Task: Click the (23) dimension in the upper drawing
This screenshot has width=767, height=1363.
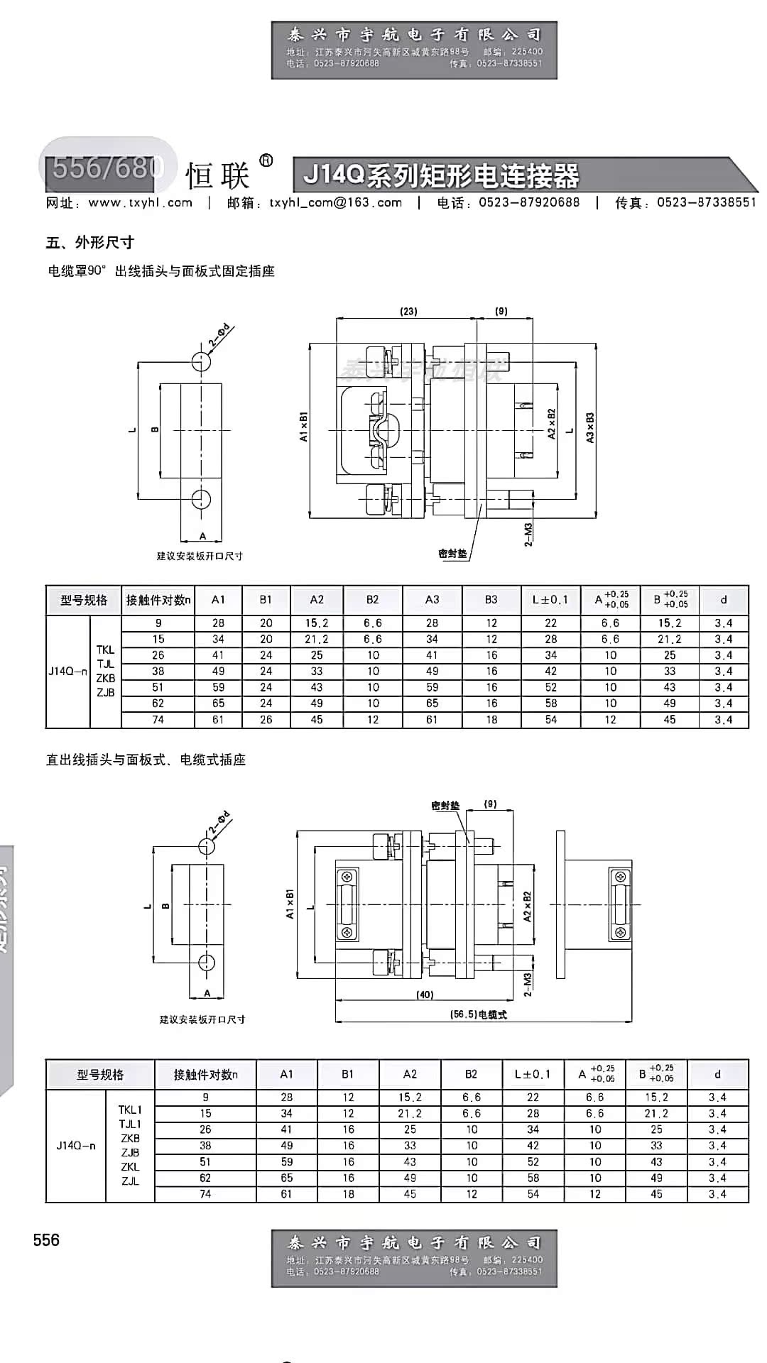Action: [408, 311]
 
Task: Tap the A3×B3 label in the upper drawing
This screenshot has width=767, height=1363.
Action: [590, 427]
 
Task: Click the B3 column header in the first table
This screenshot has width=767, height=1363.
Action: [491, 600]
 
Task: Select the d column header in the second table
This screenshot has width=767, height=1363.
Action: [717, 1074]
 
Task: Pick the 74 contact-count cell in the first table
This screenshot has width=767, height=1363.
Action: [158, 720]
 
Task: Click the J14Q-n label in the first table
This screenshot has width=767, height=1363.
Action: [67, 671]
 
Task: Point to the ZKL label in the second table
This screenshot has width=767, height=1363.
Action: [130, 1167]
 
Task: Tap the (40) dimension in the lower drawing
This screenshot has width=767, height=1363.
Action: [425, 995]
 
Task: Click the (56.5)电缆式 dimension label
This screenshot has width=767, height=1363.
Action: [479, 1014]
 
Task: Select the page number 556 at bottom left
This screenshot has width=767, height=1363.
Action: [46, 1240]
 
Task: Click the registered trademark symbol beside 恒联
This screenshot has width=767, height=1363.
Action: [266, 160]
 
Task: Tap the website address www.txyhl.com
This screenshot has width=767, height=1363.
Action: [140, 203]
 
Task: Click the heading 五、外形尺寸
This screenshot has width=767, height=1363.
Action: [90, 243]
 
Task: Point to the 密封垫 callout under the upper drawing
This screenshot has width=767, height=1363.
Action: [453, 554]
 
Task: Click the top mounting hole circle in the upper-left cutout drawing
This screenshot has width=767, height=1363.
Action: [202, 361]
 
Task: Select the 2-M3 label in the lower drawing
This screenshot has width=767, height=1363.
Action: [528, 985]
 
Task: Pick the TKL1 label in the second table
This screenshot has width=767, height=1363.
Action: [130, 1110]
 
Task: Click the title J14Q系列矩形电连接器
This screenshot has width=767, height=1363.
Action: [441, 175]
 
